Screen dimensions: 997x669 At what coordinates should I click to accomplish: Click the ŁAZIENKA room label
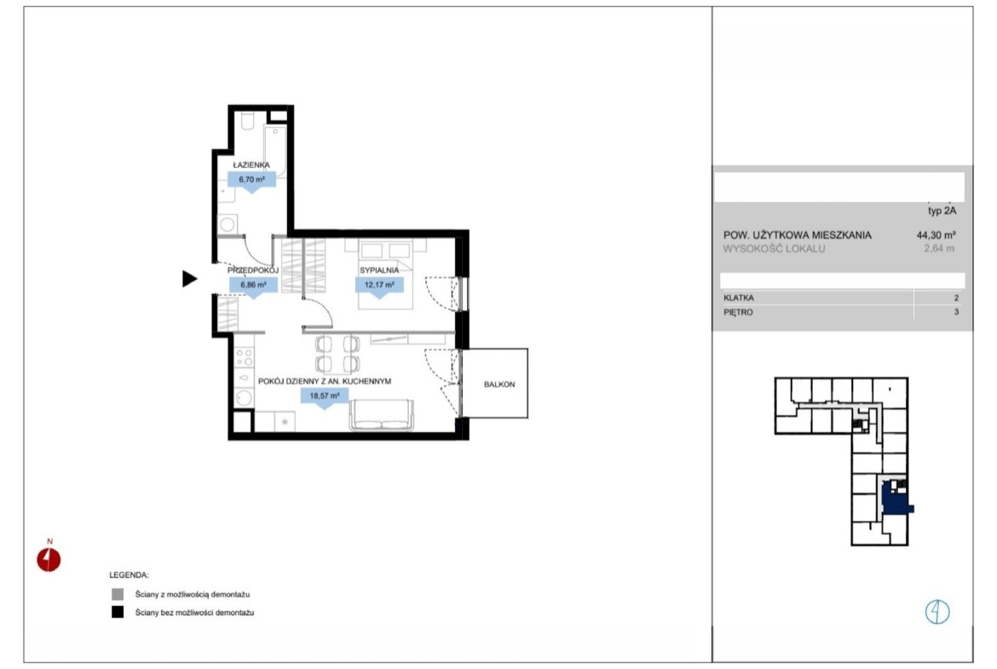tap(251, 164)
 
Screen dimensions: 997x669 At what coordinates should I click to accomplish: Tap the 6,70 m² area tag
tap(251, 181)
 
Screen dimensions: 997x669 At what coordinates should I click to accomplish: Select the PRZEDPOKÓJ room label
tap(253, 270)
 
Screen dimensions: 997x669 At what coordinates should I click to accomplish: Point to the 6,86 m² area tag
tap(253, 286)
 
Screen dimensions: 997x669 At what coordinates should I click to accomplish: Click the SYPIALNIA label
tap(379, 270)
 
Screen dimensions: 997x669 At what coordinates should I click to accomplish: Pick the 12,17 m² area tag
tap(379, 286)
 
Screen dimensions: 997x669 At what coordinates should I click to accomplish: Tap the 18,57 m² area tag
tap(325, 397)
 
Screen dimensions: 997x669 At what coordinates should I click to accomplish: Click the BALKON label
tap(499, 384)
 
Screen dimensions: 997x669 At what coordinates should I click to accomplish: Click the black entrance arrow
tap(189, 279)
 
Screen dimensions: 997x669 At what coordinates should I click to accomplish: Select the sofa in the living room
tap(381, 416)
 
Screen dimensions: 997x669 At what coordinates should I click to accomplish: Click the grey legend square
tap(118, 595)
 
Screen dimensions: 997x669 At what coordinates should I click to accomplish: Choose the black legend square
tap(118, 613)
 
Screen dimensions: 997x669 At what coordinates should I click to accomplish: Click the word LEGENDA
tap(129, 575)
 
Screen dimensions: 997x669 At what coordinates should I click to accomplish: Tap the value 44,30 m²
tap(936, 234)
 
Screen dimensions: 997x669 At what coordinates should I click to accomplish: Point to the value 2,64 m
tap(939, 249)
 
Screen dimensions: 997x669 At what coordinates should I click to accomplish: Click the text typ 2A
tap(942, 211)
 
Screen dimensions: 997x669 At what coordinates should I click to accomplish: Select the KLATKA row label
tap(738, 297)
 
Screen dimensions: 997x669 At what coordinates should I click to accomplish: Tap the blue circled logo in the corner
tap(936, 612)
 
